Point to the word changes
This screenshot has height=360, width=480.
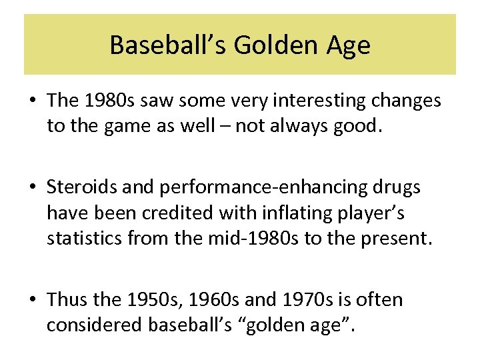click(406, 101)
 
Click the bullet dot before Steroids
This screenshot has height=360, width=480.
click(32, 188)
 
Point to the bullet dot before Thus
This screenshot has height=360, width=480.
click(32, 300)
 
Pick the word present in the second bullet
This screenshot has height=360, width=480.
click(395, 238)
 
